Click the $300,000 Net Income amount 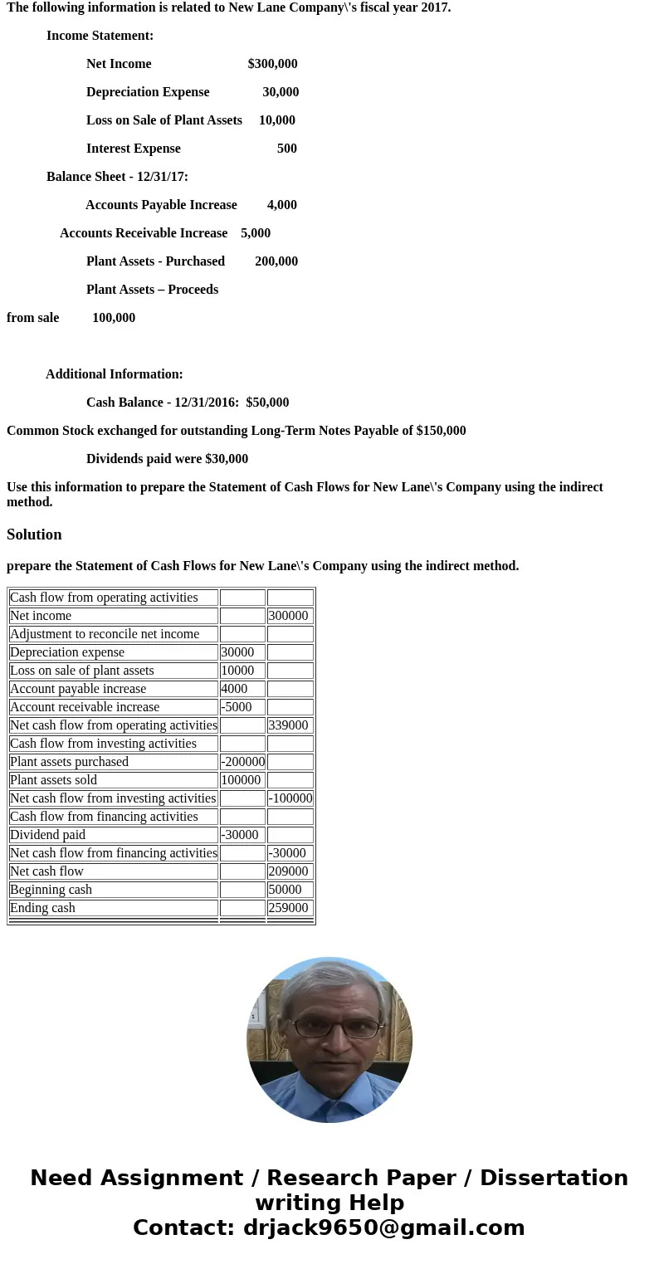tap(272, 64)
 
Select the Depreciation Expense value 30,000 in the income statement tap(281, 92)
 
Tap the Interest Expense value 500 tap(286, 149)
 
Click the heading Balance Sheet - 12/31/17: tap(117, 177)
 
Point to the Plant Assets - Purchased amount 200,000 tap(276, 261)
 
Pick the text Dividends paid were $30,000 tap(167, 459)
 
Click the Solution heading tap(34, 534)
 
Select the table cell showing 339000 tap(289, 725)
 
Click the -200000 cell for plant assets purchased tap(242, 762)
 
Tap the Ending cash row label tap(43, 908)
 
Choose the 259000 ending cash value tap(289, 908)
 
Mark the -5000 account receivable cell tap(237, 707)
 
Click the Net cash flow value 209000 tap(289, 871)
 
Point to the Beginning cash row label tap(51, 890)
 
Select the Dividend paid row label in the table tap(48, 835)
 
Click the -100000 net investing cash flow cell tap(290, 798)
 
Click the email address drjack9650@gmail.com tap(383, 1227)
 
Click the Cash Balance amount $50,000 tap(267, 403)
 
